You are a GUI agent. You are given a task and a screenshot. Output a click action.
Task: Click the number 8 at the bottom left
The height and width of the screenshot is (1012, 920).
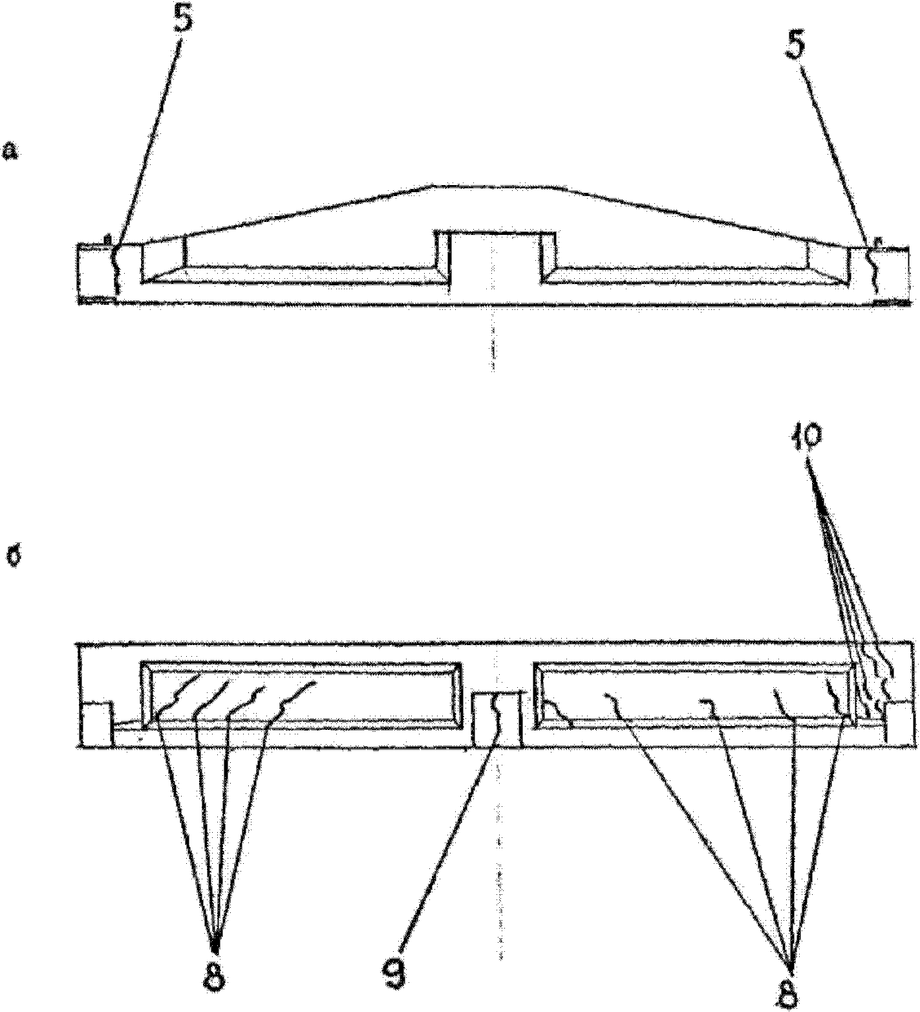click(214, 976)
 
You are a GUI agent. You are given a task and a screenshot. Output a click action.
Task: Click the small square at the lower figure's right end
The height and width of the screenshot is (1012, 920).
click(900, 724)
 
